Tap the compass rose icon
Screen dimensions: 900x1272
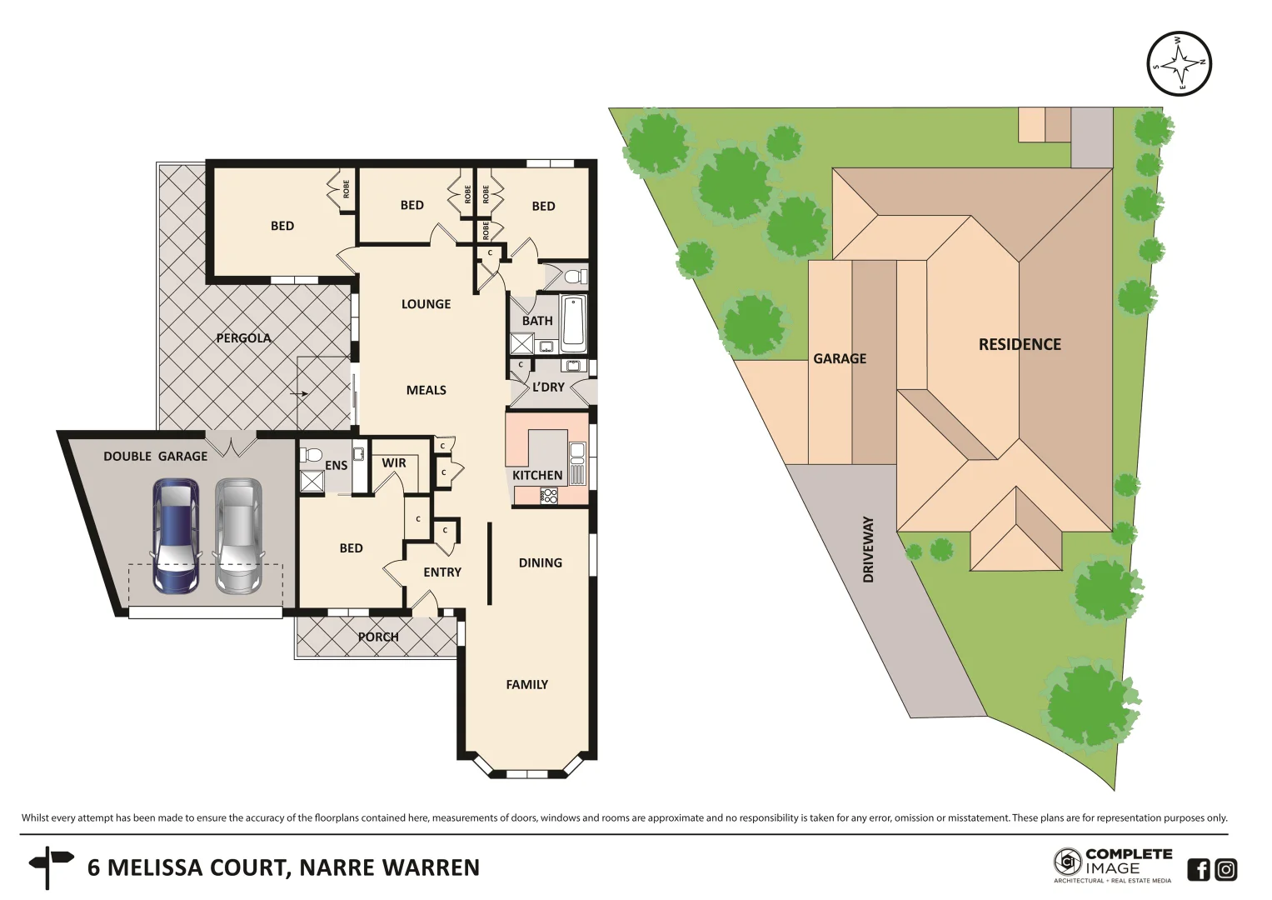(1179, 63)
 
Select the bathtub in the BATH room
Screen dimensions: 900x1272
(573, 323)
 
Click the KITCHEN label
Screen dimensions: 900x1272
(536, 475)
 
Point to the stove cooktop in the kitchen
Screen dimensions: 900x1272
(549, 495)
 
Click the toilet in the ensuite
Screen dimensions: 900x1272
(312, 455)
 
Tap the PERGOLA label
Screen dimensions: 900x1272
(243, 337)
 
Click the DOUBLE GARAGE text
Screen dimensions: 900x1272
(155, 456)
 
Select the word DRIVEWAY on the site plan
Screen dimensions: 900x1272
(868, 549)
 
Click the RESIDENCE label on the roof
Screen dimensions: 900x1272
(1019, 344)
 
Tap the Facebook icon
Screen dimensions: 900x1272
(1198, 869)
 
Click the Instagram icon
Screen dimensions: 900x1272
(1225, 869)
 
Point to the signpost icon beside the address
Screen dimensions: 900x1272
(51, 867)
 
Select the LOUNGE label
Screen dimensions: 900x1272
(426, 304)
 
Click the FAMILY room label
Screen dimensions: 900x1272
(526, 684)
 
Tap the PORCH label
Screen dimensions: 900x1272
(378, 637)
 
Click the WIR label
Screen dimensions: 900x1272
(394, 463)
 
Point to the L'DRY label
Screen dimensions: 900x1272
(548, 387)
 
